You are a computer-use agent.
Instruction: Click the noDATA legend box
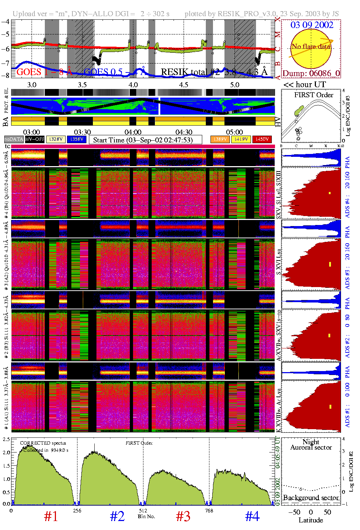[x=14, y=139]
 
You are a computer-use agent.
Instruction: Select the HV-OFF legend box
[x=35, y=139]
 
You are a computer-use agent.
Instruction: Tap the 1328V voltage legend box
[x=56, y=139]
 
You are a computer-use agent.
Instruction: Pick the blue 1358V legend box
[x=77, y=139]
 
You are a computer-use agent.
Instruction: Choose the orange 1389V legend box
[x=220, y=139]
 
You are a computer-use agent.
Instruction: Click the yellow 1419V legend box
[x=241, y=139]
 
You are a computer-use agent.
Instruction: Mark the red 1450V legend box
[x=262, y=139]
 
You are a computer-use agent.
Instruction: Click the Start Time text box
[x=145, y=140]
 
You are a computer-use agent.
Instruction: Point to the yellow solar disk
[x=311, y=49]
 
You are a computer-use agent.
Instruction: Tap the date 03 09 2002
[x=312, y=25]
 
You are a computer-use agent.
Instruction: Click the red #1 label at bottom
[x=51, y=516]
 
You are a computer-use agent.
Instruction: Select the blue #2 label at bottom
[x=117, y=516]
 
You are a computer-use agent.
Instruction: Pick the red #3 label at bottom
[x=183, y=516]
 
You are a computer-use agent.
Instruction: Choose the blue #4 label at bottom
[x=252, y=516]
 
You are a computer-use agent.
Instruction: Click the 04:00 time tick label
[x=133, y=132]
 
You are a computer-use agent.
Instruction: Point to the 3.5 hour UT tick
[x=82, y=85]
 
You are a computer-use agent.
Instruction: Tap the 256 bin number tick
[x=77, y=511]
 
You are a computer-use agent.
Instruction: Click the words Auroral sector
[x=311, y=447]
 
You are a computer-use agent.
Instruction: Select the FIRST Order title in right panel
[x=314, y=95]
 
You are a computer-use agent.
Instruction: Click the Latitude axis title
[x=311, y=520]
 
